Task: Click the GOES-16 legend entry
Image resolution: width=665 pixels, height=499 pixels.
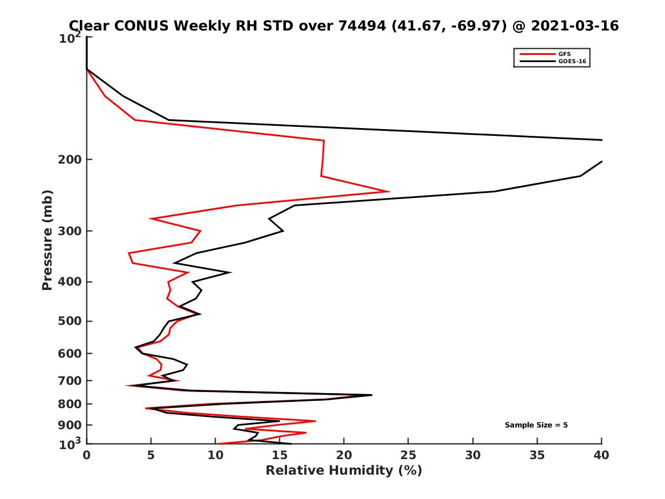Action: click(x=572, y=62)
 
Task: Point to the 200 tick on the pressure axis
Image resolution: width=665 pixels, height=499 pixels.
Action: click(x=70, y=160)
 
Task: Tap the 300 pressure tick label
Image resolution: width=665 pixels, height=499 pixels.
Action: click(x=70, y=231)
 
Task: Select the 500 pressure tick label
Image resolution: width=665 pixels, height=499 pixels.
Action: click(x=70, y=321)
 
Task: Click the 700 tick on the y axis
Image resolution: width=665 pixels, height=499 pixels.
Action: click(x=70, y=380)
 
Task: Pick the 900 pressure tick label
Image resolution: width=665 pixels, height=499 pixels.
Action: click(x=70, y=425)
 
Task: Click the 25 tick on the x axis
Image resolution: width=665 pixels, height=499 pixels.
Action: click(x=408, y=455)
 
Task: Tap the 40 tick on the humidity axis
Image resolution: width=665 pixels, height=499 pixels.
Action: click(x=601, y=455)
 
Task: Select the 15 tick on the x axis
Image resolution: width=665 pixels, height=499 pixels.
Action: click(x=279, y=455)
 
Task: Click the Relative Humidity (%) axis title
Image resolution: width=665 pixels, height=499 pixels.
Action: click(x=344, y=471)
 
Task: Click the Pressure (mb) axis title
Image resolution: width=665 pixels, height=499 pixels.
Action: click(x=47, y=240)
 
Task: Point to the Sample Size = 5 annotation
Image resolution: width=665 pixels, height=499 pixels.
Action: click(x=536, y=425)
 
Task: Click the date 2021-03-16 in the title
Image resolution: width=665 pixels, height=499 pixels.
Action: click(x=574, y=26)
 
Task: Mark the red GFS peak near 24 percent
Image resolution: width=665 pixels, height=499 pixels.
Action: click(x=389, y=191)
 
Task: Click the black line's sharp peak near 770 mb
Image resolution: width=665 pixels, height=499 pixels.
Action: click(x=371, y=395)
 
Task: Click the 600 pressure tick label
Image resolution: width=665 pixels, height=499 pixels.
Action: click(x=70, y=353)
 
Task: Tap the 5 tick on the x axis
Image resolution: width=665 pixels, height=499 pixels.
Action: click(x=151, y=455)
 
